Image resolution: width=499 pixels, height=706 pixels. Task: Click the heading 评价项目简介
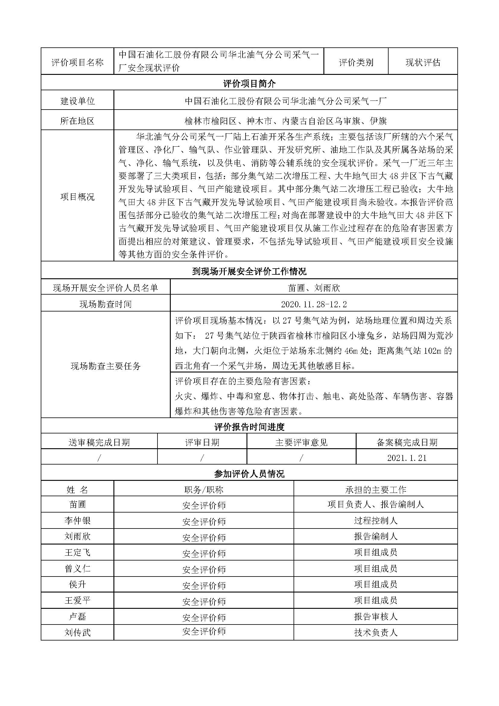pyautogui.click(x=249, y=83)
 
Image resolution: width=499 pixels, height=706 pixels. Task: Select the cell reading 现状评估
pyautogui.click(x=423, y=63)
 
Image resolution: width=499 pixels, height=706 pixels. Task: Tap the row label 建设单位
pyautogui.click(x=78, y=101)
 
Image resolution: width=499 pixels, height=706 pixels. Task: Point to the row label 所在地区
pyautogui.click(x=78, y=121)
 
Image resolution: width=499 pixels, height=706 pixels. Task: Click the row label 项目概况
pyautogui.click(x=78, y=197)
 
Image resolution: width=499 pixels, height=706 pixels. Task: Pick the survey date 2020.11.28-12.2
pyautogui.click(x=314, y=304)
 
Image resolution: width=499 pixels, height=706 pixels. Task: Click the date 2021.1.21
pyautogui.click(x=407, y=458)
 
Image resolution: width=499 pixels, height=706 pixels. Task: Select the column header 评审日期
pyautogui.click(x=202, y=442)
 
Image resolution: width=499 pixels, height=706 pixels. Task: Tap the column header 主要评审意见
pyautogui.click(x=301, y=442)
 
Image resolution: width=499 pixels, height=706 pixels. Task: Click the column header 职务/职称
pyautogui.click(x=204, y=490)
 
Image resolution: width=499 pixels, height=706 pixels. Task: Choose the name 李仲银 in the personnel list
pyautogui.click(x=78, y=521)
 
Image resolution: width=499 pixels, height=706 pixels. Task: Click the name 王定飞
pyautogui.click(x=78, y=553)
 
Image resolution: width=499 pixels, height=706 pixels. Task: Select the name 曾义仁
pyautogui.click(x=78, y=569)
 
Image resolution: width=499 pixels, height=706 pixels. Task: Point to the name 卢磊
pyautogui.click(x=78, y=617)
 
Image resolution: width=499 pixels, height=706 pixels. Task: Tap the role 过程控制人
pyautogui.click(x=376, y=521)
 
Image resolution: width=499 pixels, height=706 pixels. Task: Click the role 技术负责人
pyautogui.click(x=376, y=633)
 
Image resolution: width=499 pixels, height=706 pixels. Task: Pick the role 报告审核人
pyautogui.click(x=376, y=617)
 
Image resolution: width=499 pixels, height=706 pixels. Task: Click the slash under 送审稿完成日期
pyautogui.click(x=99, y=458)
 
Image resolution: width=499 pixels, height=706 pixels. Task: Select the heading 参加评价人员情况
pyautogui.click(x=249, y=474)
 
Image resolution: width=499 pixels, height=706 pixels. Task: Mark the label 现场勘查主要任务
pyautogui.click(x=106, y=366)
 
